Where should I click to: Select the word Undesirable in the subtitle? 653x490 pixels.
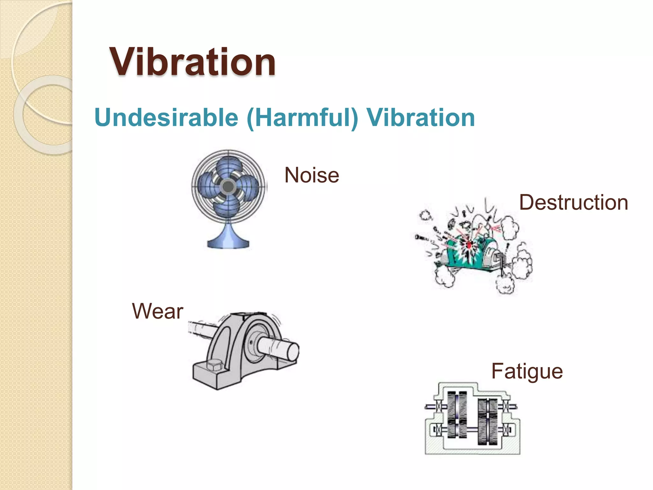point(166,117)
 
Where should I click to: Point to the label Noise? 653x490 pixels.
point(312,175)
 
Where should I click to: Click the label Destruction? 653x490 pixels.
point(573,203)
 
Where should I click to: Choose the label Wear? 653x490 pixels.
point(158,311)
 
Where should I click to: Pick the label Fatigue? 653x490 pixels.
point(527,371)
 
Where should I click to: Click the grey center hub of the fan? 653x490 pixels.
point(228,187)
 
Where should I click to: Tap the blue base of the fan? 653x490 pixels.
point(228,241)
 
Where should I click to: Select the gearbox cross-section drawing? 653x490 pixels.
point(472,418)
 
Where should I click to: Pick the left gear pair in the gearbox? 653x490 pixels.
point(457,415)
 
